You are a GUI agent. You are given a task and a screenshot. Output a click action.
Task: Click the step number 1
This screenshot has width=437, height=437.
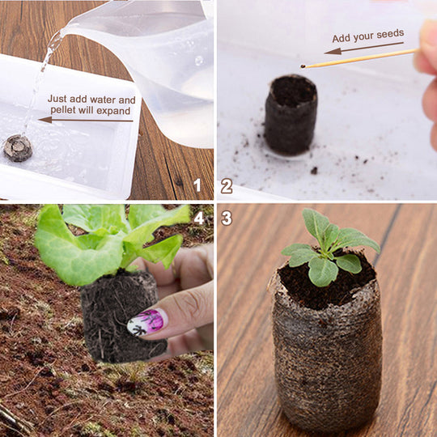pos(197,185)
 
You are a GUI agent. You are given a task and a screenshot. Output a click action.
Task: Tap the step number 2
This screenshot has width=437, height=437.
pos(227,186)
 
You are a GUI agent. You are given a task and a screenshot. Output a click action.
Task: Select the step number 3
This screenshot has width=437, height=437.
pos(227,218)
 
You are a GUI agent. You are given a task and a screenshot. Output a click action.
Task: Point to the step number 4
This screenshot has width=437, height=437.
pos(199,218)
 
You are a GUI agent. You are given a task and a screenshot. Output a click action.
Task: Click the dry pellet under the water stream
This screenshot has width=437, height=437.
pos(18,148)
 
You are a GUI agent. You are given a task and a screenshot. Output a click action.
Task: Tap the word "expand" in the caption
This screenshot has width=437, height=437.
pos(114,111)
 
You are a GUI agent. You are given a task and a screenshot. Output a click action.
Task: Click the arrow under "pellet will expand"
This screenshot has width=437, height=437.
pos(86,120)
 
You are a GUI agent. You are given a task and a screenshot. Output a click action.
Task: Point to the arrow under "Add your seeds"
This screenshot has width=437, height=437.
pos(364,48)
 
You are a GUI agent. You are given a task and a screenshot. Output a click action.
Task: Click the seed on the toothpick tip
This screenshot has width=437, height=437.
pos(303,66)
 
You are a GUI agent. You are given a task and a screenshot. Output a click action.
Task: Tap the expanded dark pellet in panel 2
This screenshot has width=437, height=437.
pos(291,115)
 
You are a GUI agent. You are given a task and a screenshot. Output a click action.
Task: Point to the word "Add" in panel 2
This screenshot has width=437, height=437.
pos(342,39)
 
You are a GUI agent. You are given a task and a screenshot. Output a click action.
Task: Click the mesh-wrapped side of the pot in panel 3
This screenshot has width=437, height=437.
pos(327,363)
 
